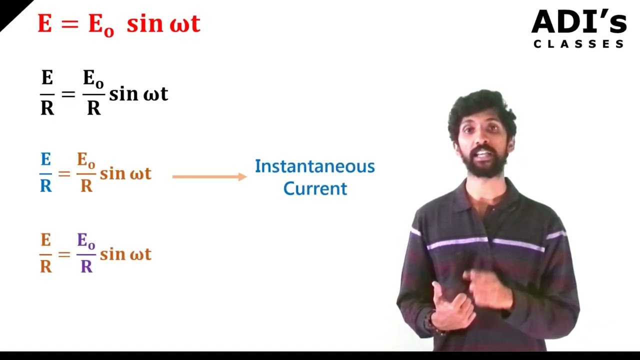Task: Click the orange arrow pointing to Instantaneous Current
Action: click(x=209, y=176)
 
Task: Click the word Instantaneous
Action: click(x=314, y=166)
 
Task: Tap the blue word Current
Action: click(x=314, y=188)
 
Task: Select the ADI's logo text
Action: click(x=578, y=22)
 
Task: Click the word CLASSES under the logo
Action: click(x=578, y=44)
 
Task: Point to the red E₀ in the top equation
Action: click(x=100, y=25)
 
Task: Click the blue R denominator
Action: click(x=46, y=185)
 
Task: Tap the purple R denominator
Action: click(x=86, y=266)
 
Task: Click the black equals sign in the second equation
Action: click(x=68, y=93)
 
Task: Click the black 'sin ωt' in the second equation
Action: click(x=138, y=93)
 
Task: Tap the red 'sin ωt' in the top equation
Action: click(x=163, y=24)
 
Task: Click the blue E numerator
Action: click(x=46, y=160)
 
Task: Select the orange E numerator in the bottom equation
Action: click(x=46, y=240)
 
